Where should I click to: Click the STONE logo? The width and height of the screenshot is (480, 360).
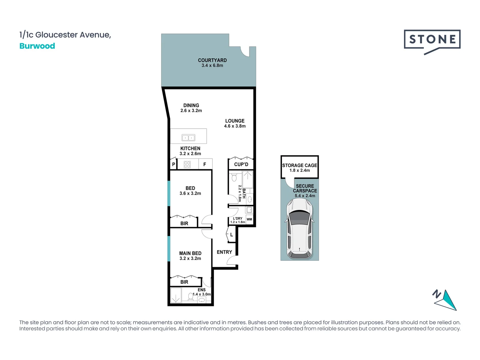click(x=432, y=40)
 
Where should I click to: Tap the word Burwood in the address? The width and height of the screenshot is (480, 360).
click(x=37, y=46)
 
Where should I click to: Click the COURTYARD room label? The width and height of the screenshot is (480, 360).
click(x=212, y=60)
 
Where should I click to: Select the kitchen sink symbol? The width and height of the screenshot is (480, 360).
click(x=188, y=138)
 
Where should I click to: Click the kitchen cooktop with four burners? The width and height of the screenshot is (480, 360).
click(x=187, y=164)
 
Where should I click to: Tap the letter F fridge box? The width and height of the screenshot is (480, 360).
click(x=205, y=164)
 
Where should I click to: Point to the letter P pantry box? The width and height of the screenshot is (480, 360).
click(x=173, y=164)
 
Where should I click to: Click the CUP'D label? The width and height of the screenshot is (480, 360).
click(x=241, y=164)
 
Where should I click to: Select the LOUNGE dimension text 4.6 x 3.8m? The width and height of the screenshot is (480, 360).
click(x=235, y=126)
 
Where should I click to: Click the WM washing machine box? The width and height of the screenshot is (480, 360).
click(x=249, y=219)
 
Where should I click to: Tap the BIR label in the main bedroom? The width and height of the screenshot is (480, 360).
click(x=184, y=282)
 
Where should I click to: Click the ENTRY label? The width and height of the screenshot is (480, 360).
click(x=224, y=252)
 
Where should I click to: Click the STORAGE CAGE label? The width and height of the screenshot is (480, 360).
click(x=299, y=165)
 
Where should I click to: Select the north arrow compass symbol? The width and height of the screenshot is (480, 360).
click(x=446, y=299)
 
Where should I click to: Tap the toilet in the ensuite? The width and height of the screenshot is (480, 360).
click(x=191, y=296)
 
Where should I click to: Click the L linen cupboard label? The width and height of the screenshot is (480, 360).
click(x=232, y=235)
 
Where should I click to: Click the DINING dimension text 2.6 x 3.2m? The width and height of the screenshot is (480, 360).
click(x=191, y=111)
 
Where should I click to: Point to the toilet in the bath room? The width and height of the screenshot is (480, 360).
click(x=234, y=177)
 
